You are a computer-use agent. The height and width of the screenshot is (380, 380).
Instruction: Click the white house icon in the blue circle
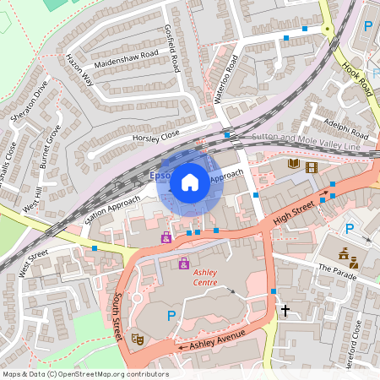190,182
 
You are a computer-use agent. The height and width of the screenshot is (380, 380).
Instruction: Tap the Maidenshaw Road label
128,55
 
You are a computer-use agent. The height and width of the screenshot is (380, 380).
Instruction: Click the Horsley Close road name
156,136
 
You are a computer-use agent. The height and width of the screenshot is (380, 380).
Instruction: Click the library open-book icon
294,164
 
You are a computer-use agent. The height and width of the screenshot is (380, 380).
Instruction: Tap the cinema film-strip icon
312,167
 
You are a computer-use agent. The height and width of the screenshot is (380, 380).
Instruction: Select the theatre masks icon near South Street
138,338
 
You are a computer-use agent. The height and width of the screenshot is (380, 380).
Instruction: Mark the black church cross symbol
285,311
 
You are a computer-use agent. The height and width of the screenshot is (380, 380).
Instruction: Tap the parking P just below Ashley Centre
171,316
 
